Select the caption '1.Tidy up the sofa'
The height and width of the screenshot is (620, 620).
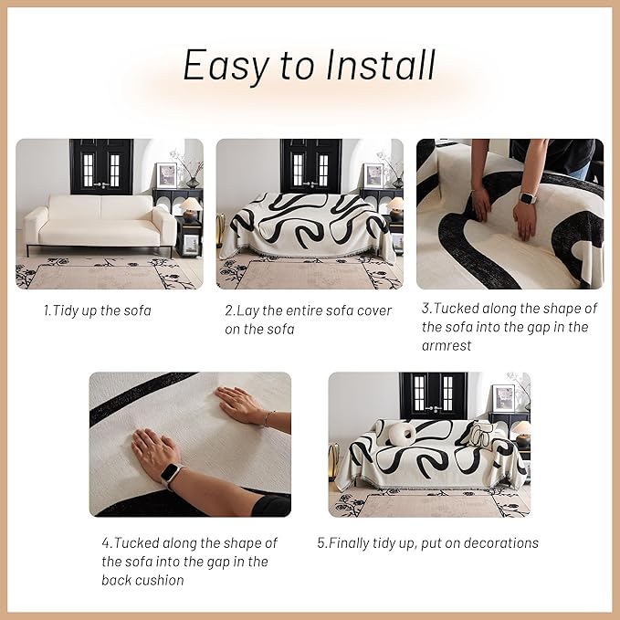(x=98, y=310)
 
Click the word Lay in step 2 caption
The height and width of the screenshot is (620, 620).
(x=252, y=310)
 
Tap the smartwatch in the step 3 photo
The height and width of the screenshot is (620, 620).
(x=527, y=198)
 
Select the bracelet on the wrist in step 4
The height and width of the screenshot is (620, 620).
(x=268, y=418)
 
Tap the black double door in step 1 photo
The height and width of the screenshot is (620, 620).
(x=100, y=166)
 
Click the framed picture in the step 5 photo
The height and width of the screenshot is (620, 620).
(x=504, y=397)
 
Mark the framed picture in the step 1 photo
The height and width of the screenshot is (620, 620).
(x=166, y=174)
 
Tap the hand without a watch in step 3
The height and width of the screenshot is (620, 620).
(x=480, y=203)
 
